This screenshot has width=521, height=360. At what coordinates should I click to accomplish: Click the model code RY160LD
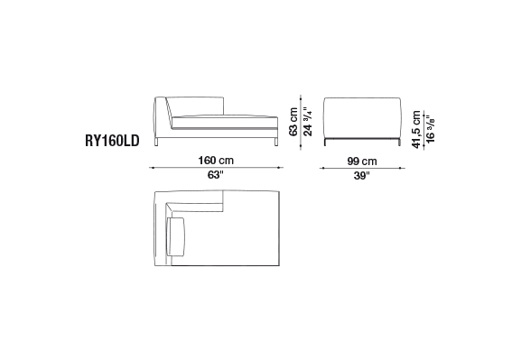112,141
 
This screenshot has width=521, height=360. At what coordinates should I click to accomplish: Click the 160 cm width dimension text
216,161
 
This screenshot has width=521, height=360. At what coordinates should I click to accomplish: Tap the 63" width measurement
216,175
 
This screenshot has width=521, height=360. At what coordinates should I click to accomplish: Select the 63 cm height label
293,122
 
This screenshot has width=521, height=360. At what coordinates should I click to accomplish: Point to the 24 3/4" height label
308,122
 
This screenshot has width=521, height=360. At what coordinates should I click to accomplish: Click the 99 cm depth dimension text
362,162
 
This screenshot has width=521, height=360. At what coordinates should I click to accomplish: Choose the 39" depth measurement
362,175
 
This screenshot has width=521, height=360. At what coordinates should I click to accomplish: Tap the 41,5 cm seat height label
416,130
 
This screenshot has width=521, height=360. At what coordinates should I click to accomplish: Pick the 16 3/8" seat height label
431,130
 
